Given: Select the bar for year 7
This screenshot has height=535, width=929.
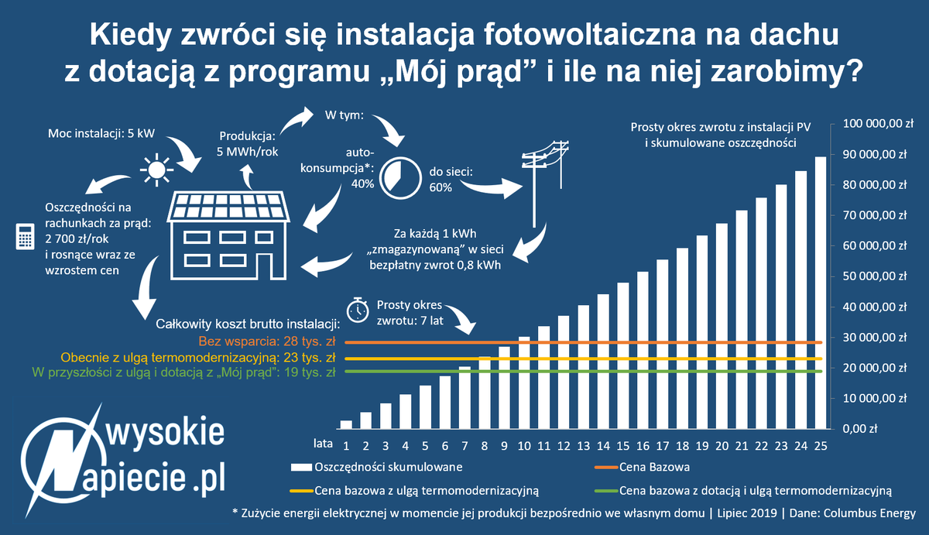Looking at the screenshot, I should coord(465,398).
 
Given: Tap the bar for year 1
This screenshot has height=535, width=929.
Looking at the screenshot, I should coord(346,424).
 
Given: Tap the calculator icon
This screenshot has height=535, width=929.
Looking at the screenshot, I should coord(25,237).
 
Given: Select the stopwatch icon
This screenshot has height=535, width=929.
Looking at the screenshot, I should coord(357,309).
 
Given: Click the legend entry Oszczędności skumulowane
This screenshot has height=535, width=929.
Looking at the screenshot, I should coord(389,467).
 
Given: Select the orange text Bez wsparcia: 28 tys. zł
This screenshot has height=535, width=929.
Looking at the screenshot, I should coord(266,341).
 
